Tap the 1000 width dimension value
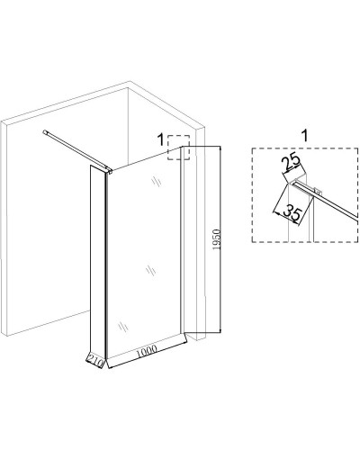click(147, 351)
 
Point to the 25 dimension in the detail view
click(291, 161)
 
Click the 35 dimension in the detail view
click(292, 212)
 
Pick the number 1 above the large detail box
click(304, 136)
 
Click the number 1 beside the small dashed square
click(161, 139)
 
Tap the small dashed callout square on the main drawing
click(178, 148)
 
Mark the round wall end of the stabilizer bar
click(45, 131)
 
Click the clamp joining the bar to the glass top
click(110, 171)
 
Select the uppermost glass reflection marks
click(156, 181)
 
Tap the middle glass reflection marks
click(150, 271)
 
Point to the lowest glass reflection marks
click(123, 326)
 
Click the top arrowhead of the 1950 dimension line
click(220, 148)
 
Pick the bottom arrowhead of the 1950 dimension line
click(220, 330)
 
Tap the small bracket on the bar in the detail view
click(318, 191)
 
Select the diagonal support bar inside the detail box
click(326, 200)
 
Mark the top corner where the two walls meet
click(129, 87)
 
